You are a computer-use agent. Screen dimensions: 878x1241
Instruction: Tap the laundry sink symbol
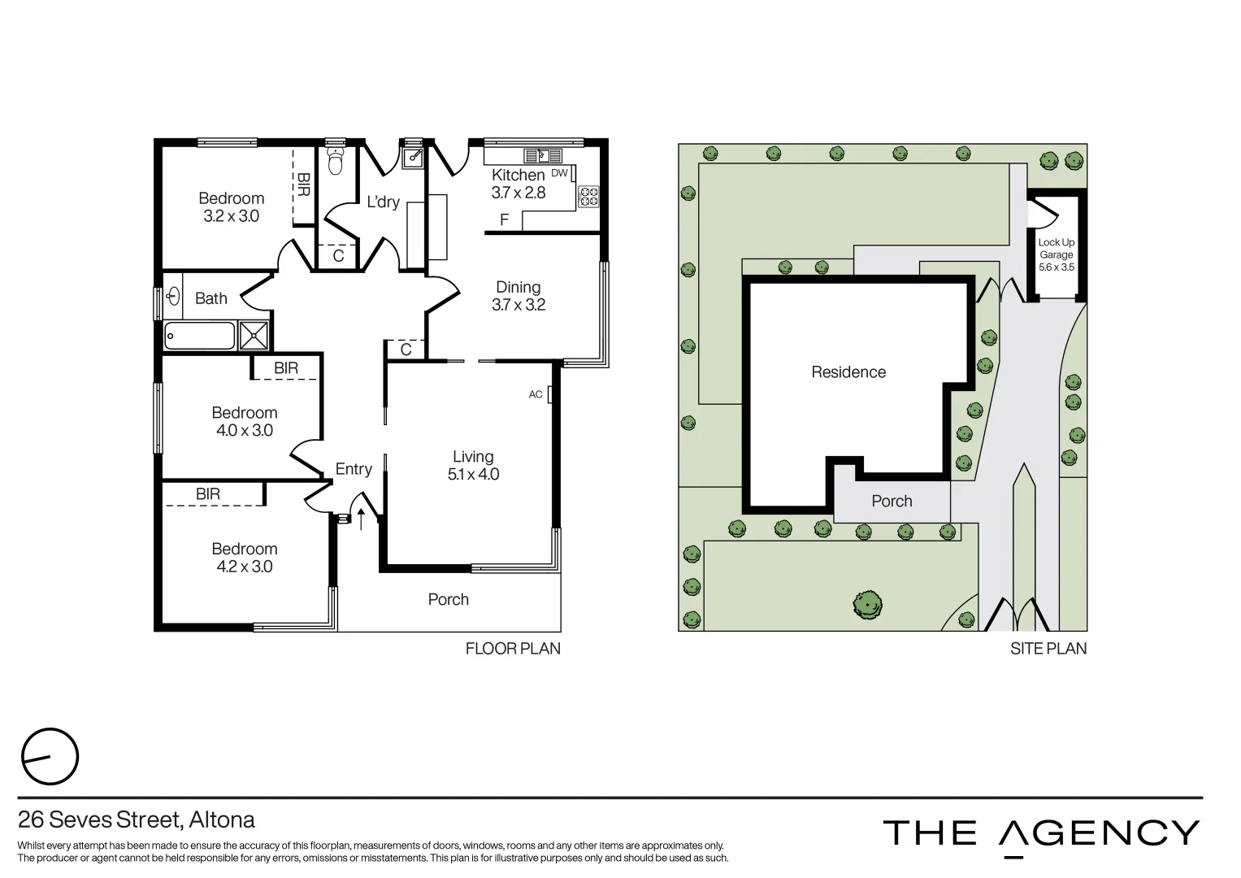tap(413, 155)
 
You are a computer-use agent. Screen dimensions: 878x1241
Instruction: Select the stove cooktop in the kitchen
tap(588, 196)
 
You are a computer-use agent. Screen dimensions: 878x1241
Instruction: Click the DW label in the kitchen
tap(559, 173)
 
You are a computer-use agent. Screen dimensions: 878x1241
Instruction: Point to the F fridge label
tap(505, 219)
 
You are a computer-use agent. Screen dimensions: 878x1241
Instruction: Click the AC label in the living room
tap(536, 394)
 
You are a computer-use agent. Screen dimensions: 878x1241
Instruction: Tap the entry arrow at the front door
tap(361, 519)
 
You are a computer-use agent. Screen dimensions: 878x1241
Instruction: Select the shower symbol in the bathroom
tap(254, 335)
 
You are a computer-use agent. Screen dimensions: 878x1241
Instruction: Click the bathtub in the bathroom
tap(199, 335)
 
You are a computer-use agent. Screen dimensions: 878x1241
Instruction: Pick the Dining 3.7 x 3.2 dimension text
tap(519, 305)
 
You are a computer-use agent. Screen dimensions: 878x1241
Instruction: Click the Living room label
tap(473, 457)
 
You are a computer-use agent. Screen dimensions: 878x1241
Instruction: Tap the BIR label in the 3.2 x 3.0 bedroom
tap(302, 185)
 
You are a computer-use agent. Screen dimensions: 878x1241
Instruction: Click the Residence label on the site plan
tap(848, 372)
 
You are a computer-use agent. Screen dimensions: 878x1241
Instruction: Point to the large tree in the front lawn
tap(867, 604)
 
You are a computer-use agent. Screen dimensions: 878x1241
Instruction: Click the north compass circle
tap(50, 757)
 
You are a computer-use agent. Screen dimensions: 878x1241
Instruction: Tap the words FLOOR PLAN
tap(513, 649)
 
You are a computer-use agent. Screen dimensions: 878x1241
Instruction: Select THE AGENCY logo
tap(1040, 834)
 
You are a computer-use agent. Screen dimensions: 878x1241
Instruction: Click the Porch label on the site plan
tap(892, 502)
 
